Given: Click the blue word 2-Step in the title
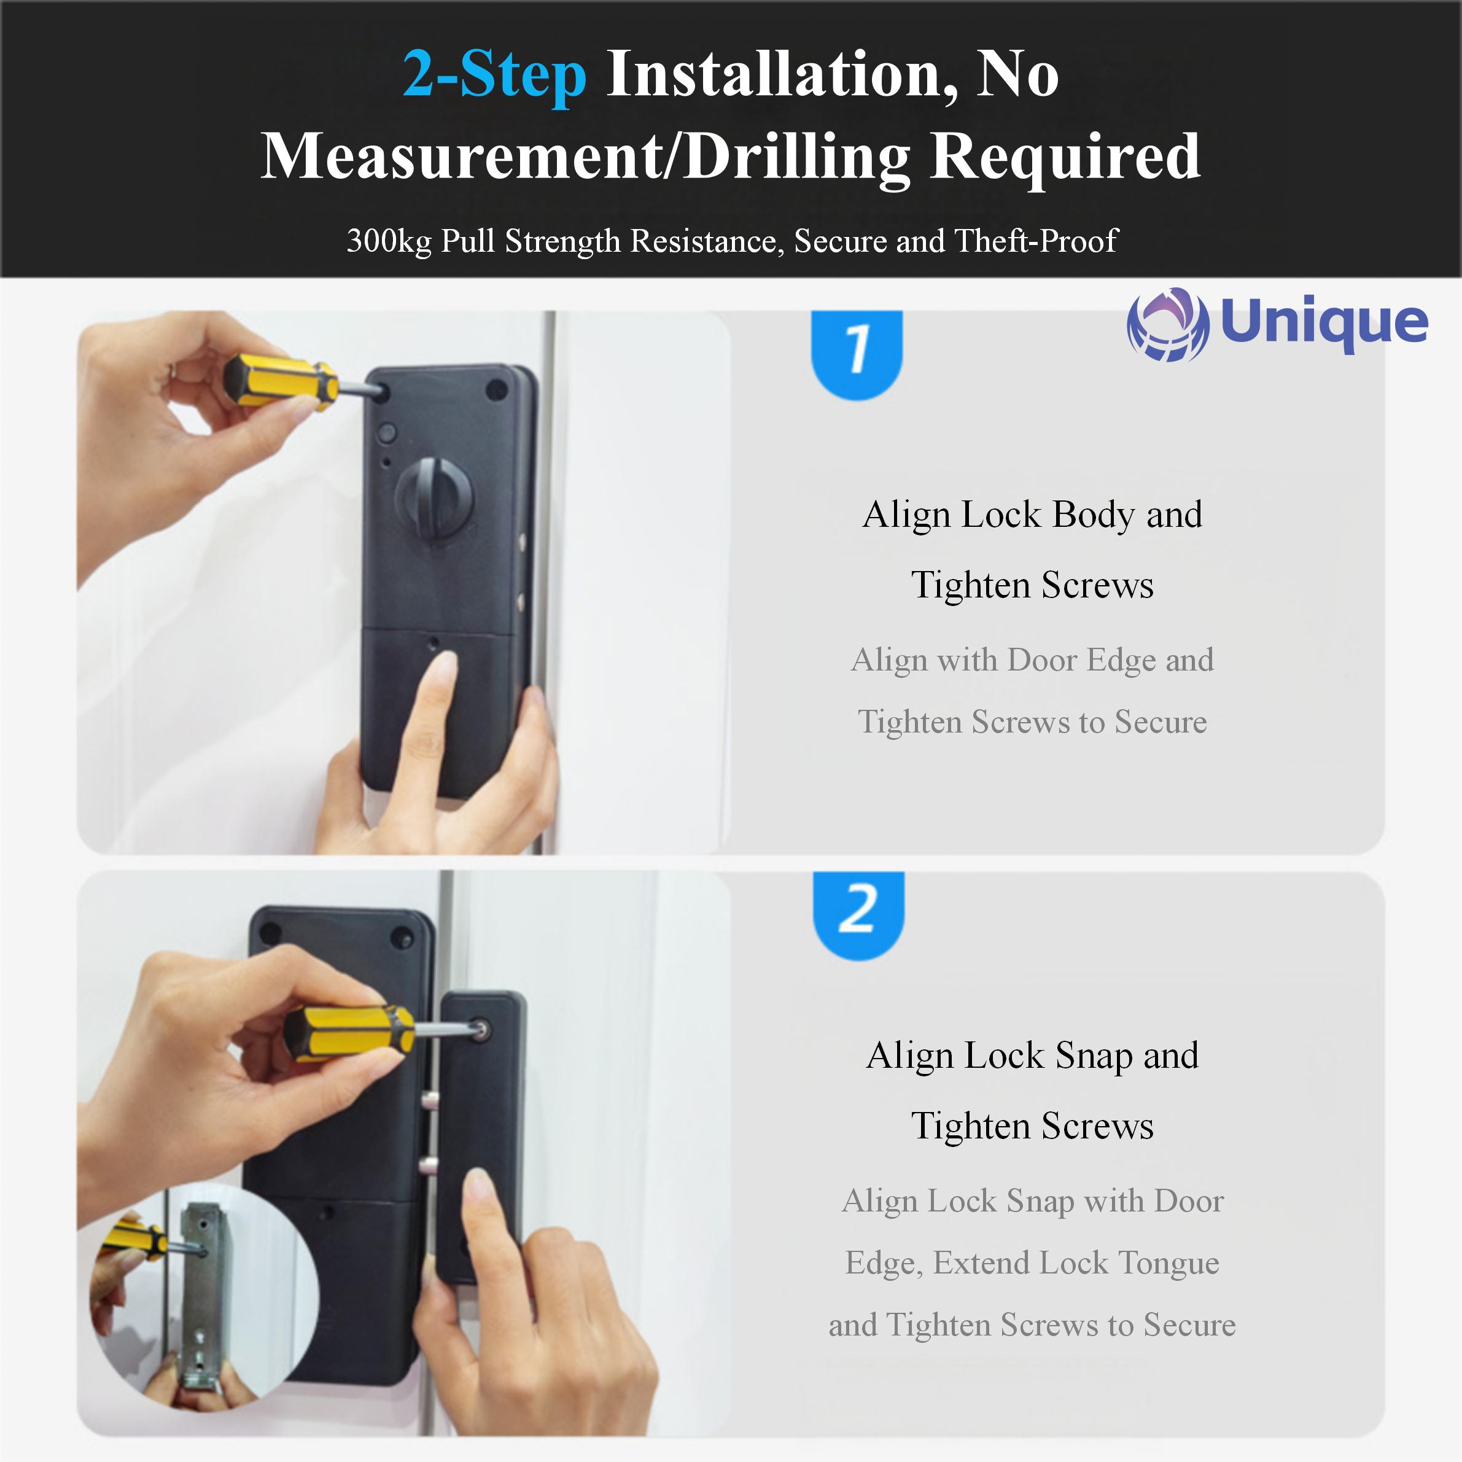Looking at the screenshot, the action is [x=494, y=76].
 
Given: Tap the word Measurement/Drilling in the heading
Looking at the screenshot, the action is [x=586, y=157].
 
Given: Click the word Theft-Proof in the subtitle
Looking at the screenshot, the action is [x=1036, y=241].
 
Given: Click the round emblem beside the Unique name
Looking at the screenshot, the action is [x=1168, y=325].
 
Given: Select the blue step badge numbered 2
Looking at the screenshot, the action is [x=859, y=914].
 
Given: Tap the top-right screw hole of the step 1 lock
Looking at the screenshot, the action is [x=496, y=391].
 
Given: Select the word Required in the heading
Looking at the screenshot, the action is [x=1065, y=157].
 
